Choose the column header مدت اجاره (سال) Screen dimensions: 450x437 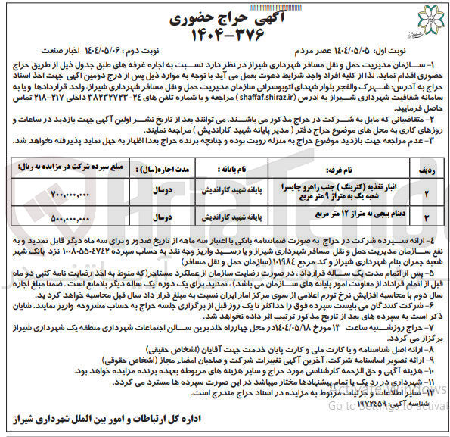[x=173, y=151]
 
